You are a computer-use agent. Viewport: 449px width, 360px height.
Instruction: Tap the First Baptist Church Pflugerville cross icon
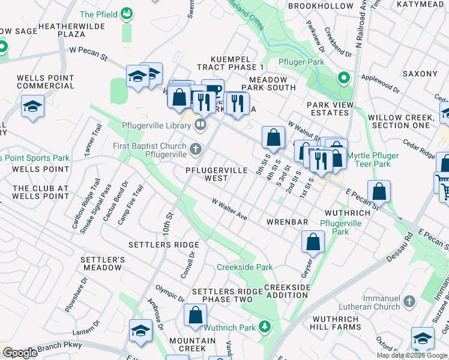click(195, 148)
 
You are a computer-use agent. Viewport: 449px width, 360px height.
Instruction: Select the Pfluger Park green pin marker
click(343, 77)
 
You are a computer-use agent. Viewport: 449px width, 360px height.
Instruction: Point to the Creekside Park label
click(244, 268)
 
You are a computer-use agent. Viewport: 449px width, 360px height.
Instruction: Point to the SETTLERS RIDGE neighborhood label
click(163, 245)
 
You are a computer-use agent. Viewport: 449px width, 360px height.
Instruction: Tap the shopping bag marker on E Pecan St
click(379, 191)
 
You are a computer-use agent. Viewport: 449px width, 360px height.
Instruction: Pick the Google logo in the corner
click(20, 353)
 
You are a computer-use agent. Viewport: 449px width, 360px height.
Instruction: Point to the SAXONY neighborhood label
click(421, 74)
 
